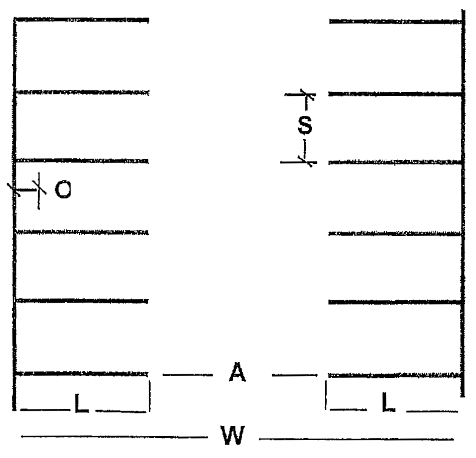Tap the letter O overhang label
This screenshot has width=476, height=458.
pos(63,190)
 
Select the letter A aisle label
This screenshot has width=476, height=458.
pos(237,372)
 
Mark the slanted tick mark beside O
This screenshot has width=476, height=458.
pos(38,190)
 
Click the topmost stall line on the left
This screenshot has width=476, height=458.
pos(81,20)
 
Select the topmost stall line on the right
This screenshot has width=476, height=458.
pos(395,21)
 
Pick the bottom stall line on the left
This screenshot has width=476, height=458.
pos(81,372)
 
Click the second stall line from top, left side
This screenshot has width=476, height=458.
pos(81,92)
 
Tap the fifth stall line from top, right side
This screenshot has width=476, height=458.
pos(395,301)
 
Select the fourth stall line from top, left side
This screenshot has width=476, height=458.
pos(81,231)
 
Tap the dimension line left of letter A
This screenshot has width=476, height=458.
pos(188,375)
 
